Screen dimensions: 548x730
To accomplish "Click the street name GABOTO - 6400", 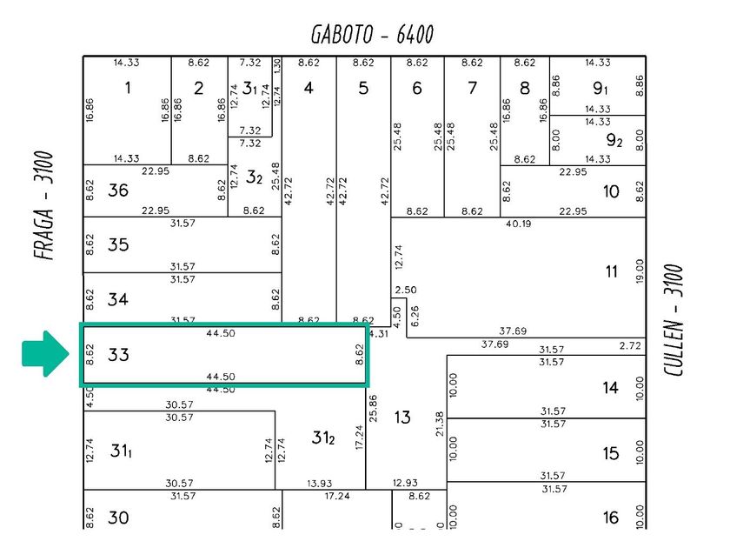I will point(372,35).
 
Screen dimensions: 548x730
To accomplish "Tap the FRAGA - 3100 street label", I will point(45,207).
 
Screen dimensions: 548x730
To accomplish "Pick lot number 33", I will point(119,355).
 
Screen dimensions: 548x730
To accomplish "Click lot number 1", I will point(129,88).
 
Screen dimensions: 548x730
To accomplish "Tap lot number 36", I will point(119,190).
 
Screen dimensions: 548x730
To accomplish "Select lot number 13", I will point(401,418).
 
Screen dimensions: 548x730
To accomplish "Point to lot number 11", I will point(612,271).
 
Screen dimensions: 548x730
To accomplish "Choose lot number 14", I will point(611,387).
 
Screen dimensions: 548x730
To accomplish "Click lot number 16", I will point(611,518).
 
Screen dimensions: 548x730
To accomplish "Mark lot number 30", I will point(119,518).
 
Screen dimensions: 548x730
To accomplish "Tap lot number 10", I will point(611,191).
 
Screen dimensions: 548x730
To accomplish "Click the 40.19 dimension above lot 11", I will point(518,224).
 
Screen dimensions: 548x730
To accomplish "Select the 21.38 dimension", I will point(441,424).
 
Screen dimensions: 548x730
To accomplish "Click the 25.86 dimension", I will point(373,409).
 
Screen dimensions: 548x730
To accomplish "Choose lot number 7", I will point(472,88).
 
